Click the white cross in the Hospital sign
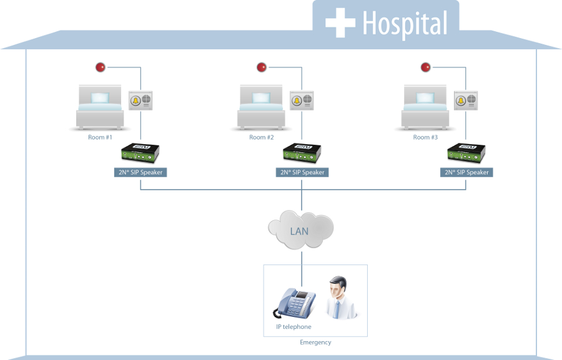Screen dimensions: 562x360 click(x=340, y=22)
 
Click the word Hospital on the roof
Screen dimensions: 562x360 click(x=405, y=24)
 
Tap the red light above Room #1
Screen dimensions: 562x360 click(x=101, y=67)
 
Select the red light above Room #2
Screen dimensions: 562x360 click(x=262, y=67)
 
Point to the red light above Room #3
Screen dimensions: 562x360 click(x=425, y=67)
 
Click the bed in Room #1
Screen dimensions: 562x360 click(x=100, y=107)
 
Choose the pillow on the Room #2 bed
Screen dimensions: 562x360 click(x=261, y=98)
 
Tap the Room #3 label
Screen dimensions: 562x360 click(x=425, y=137)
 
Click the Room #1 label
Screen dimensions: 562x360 click(x=100, y=137)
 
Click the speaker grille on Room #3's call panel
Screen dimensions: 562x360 click(x=471, y=99)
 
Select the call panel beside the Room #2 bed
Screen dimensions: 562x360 click(x=302, y=100)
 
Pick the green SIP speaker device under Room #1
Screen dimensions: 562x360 click(x=140, y=153)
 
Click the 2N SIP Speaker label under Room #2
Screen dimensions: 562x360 click(x=302, y=172)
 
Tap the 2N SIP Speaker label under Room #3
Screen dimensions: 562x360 click(x=466, y=172)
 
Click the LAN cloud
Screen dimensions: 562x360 click(x=301, y=230)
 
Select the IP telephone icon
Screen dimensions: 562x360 click(x=295, y=303)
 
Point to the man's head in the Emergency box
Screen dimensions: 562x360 click(x=338, y=287)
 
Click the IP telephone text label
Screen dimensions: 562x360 click(x=293, y=327)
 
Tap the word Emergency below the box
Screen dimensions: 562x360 click(x=315, y=343)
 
